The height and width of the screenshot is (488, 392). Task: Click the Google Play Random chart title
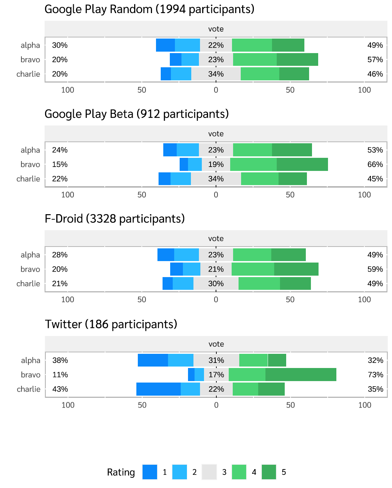click(149, 9)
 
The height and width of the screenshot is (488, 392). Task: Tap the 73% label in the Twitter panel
click(375, 375)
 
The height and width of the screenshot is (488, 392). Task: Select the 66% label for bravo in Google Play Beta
click(375, 164)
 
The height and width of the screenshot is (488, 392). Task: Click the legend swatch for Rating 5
click(269, 472)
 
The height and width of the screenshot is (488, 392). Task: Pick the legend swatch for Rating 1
click(150, 472)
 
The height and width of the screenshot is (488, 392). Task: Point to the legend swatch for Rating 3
click(209, 472)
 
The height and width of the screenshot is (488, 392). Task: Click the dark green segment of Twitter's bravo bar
click(301, 375)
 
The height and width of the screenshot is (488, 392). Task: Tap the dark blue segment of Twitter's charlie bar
click(159, 389)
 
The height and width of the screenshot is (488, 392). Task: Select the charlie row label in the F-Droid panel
click(28, 284)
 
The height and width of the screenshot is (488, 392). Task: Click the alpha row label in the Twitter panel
click(31, 360)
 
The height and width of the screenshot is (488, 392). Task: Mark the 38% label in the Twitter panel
click(60, 360)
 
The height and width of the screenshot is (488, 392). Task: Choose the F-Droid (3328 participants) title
click(115, 219)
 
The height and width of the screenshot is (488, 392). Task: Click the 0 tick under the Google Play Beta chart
click(216, 195)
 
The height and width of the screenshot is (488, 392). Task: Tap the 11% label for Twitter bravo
click(60, 375)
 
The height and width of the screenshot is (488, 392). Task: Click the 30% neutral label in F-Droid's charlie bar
click(216, 284)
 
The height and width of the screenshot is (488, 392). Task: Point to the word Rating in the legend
click(121, 472)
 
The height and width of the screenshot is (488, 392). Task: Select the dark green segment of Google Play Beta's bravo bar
click(302, 164)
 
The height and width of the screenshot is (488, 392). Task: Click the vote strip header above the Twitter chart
click(216, 344)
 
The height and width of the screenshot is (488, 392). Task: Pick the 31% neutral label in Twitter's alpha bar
click(216, 360)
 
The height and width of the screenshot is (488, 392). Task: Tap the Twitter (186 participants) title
click(111, 324)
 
